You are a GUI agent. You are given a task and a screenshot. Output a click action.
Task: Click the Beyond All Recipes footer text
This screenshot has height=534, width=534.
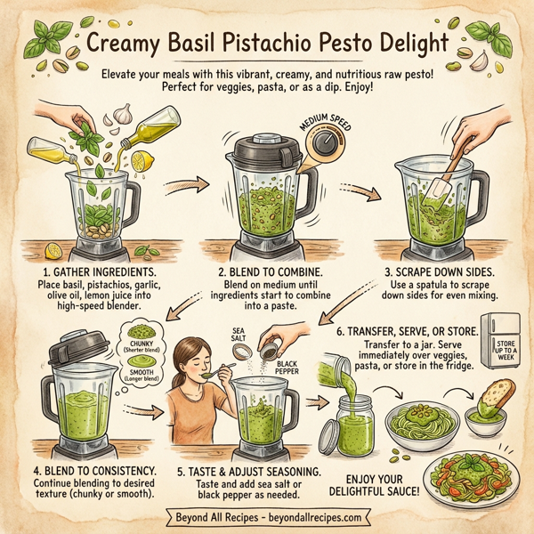pos(268,517)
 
